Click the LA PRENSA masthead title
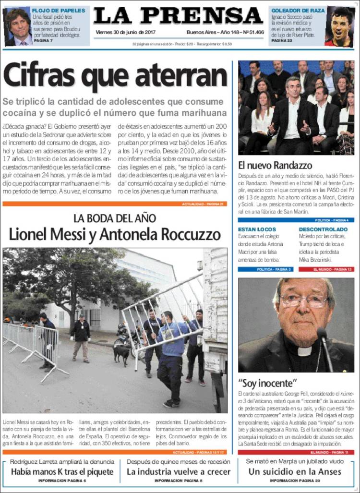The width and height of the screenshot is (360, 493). click(179, 16)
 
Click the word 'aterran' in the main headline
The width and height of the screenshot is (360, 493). click(185, 76)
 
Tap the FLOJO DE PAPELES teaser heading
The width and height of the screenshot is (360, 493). click(59, 10)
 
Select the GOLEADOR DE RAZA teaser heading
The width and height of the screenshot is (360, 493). click(298, 10)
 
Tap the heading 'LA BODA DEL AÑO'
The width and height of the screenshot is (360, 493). click(115, 217)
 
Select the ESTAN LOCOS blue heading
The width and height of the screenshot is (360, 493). click(257, 229)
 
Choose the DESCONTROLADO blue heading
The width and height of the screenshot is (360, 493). click(323, 229)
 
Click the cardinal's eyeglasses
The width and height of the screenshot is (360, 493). click(303, 301)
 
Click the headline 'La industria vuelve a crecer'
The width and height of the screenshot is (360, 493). click(178, 471)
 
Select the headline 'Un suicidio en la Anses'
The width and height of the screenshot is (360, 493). click(295, 471)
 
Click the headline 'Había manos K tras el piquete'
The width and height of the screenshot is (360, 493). click(62, 471)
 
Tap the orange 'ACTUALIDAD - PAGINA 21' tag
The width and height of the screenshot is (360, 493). click(203, 204)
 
